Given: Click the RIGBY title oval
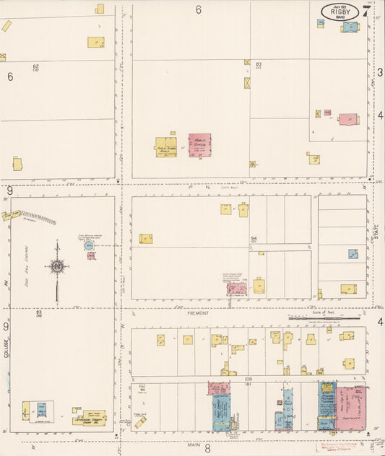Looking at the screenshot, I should tap(339, 11).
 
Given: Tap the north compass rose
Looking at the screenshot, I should tap(56, 268).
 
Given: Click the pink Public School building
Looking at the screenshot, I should tap(200, 145).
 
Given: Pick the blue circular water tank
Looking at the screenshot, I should tap(89, 245).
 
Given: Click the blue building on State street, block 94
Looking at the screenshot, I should tap(352, 254).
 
